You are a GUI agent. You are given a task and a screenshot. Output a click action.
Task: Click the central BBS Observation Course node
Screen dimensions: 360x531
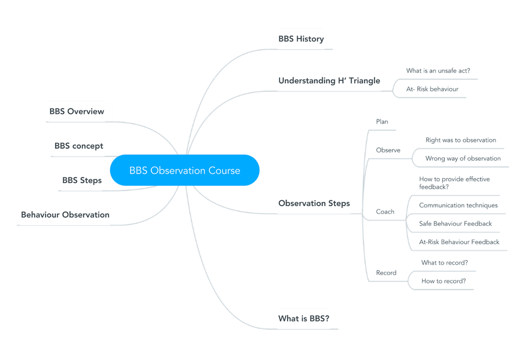[185, 170]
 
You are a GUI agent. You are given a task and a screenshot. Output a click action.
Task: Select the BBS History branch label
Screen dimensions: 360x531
[301, 39]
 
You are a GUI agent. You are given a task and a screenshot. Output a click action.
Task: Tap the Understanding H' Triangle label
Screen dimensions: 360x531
[329, 80]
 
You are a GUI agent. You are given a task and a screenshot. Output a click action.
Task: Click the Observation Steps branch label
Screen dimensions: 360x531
[314, 203]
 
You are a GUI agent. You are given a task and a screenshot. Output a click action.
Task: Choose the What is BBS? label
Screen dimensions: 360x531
[303, 319]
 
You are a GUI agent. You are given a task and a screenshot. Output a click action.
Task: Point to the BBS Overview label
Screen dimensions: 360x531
[77, 112]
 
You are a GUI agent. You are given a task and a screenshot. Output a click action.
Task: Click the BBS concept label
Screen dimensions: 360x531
[79, 146]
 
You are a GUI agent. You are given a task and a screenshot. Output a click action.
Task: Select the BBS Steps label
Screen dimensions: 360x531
[82, 181]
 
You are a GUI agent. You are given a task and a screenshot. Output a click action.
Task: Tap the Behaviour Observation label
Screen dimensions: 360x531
[65, 215]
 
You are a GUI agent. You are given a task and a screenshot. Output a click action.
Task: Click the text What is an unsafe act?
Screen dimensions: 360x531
[438, 71]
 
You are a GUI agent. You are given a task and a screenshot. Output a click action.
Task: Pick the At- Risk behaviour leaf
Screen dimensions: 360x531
[432, 89]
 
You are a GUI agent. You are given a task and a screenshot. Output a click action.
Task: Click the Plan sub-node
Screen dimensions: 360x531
[382, 121]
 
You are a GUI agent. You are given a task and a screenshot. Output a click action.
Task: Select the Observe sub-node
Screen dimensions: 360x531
[388, 150]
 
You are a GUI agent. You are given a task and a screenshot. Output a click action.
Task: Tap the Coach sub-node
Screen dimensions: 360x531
[385, 212]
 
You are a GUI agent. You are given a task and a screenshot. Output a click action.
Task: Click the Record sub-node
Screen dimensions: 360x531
[386, 273]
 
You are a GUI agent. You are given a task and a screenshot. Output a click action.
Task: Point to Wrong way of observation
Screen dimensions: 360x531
[463, 158]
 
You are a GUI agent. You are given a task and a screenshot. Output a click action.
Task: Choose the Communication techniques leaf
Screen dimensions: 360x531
[458, 205]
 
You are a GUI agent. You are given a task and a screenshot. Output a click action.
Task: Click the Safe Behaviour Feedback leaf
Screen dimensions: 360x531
[455, 224]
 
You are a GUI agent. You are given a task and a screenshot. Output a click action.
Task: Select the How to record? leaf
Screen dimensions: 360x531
[443, 281]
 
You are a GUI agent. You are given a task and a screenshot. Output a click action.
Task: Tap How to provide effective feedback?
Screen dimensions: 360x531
[454, 183]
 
